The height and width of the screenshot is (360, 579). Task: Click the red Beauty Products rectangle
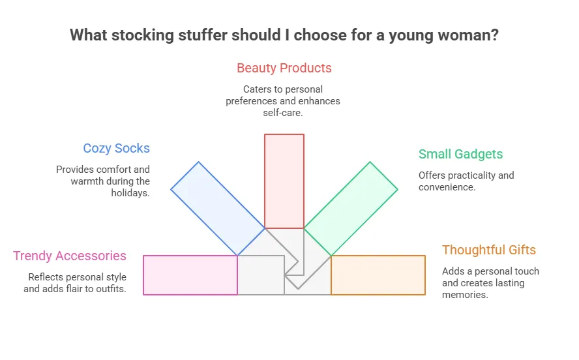(284, 181)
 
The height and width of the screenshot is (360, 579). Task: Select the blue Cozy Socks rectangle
(218, 209)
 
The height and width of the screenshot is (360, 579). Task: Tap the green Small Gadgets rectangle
(351, 209)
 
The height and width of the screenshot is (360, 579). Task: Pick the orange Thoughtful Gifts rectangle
(378, 275)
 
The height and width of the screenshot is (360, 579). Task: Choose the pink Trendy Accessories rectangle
(190, 275)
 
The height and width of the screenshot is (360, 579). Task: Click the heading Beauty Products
(284, 68)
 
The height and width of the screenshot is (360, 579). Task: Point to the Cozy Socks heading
(116, 148)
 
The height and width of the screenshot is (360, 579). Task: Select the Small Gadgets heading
(460, 154)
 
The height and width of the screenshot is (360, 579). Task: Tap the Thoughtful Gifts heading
(489, 250)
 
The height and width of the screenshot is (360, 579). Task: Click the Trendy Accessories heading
(69, 256)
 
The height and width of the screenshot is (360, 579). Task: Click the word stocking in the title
(143, 35)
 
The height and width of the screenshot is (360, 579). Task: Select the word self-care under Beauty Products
(283, 113)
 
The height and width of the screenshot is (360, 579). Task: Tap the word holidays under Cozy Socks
(130, 193)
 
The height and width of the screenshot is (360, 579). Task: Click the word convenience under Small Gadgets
(447, 187)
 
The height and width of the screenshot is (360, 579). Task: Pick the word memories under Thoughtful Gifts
(465, 295)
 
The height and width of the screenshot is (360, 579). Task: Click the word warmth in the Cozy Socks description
(87, 181)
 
